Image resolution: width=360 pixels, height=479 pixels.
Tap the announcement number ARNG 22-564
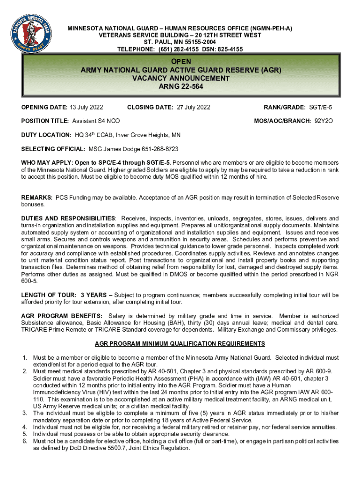180,87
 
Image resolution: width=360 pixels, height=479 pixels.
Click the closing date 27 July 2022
194,108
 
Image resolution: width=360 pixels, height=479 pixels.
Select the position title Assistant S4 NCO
96,121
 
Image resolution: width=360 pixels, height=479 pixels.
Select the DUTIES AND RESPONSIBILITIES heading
68,218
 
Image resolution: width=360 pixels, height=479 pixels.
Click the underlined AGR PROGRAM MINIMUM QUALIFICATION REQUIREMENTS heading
180,344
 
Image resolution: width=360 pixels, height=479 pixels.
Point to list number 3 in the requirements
24,413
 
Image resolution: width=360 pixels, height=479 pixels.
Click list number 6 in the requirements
24,441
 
